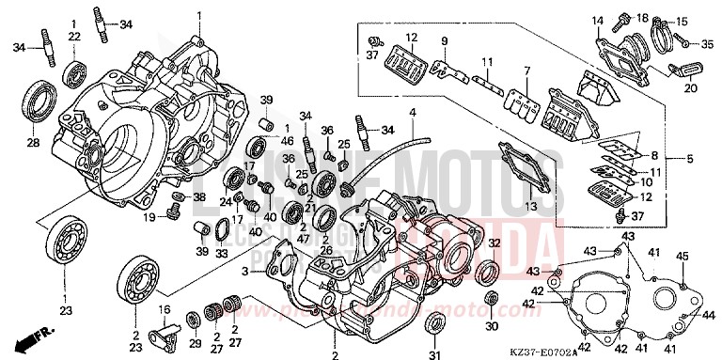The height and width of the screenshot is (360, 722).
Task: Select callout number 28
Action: click(x=33, y=143)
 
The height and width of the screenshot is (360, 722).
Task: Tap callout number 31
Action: click(x=433, y=354)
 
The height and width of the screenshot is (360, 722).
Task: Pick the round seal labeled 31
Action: click(x=433, y=325)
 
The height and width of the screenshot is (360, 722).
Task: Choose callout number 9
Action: click(x=445, y=40)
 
